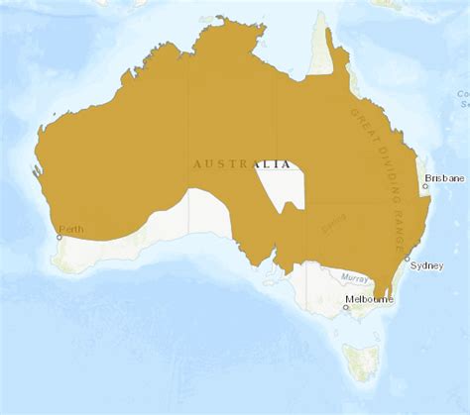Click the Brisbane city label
point(443,179)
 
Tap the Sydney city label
point(426,265)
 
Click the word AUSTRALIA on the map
point(243,164)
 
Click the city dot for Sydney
point(405,265)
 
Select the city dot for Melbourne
point(346,306)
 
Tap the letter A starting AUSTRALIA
point(198,164)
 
